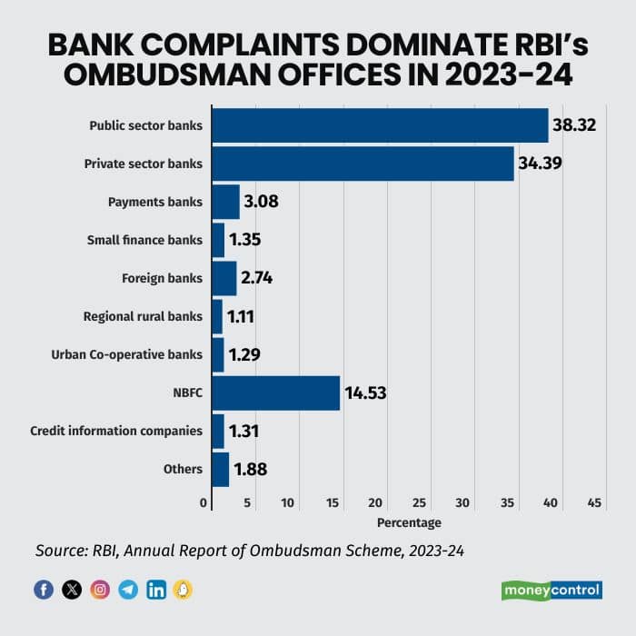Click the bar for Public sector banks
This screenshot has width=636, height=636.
click(380, 125)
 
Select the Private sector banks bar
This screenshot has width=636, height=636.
click(363, 164)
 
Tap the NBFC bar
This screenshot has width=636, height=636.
click(275, 393)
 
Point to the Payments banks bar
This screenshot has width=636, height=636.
click(225, 202)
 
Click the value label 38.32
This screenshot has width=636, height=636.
click(574, 125)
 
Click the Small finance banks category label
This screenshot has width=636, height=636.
click(144, 240)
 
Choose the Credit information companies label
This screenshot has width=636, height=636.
click(116, 431)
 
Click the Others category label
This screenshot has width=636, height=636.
click(183, 469)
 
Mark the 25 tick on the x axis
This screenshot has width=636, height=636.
click(420, 502)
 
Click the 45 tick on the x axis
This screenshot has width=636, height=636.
click(595, 502)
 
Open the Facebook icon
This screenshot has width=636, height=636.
click(44, 590)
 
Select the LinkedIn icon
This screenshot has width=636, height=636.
click(156, 590)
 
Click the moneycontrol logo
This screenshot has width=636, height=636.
click(552, 590)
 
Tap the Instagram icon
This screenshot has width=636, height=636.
click(100, 590)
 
